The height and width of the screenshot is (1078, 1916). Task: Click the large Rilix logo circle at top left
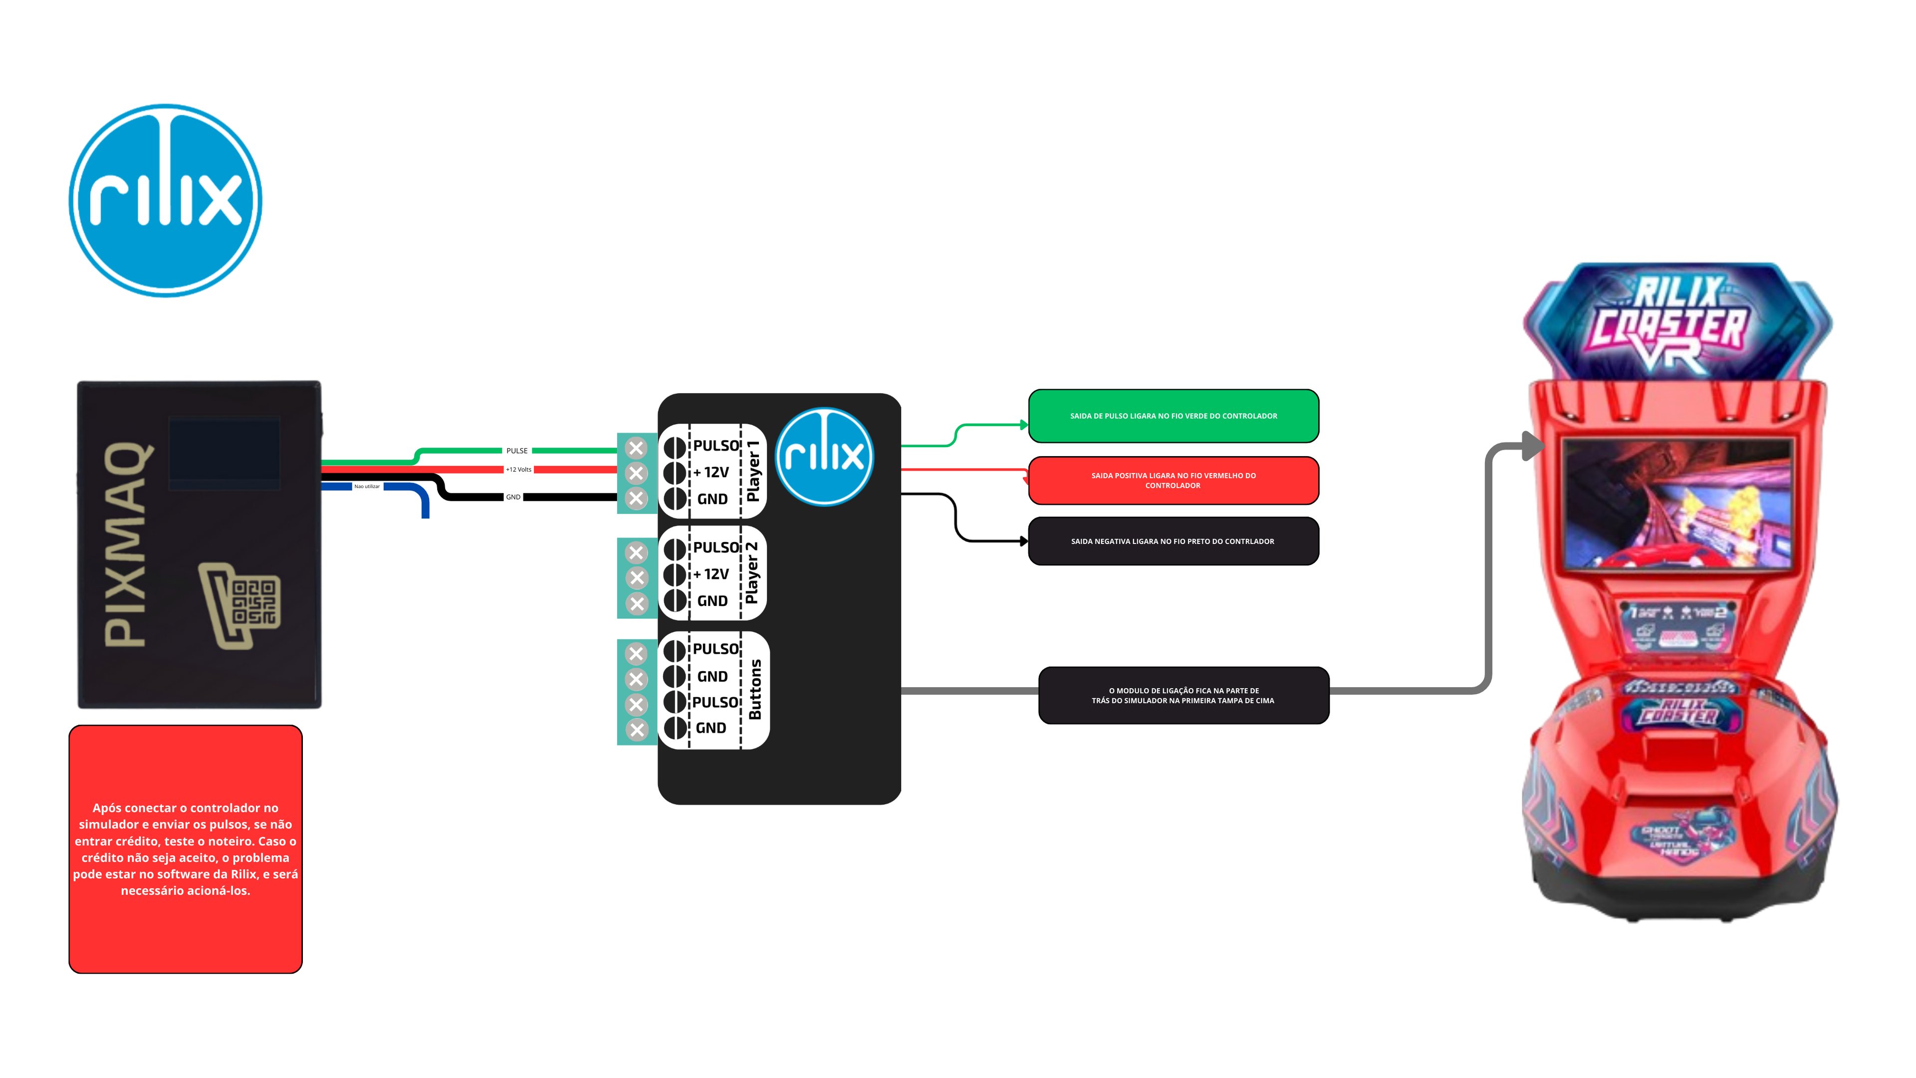pos(165,200)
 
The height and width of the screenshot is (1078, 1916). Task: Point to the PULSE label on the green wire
pos(517,451)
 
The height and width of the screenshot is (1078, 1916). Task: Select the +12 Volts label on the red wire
pos(519,470)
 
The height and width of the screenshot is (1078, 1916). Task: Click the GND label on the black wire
pos(513,497)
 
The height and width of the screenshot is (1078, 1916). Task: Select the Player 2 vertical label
pos(752,573)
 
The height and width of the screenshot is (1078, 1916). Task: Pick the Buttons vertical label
pos(755,690)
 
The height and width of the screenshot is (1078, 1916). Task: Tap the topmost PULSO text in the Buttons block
pos(716,649)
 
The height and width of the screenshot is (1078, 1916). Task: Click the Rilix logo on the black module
pos(824,457)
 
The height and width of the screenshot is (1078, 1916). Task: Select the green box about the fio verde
pos(1173,416)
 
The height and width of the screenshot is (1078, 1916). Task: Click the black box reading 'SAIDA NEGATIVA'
pos(1173,541)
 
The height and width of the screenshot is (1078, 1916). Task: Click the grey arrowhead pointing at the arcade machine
pos(1532,446)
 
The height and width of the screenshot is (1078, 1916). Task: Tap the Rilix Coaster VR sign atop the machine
pos(1676,323)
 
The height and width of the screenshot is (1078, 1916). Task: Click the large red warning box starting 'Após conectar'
pos(185,849)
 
